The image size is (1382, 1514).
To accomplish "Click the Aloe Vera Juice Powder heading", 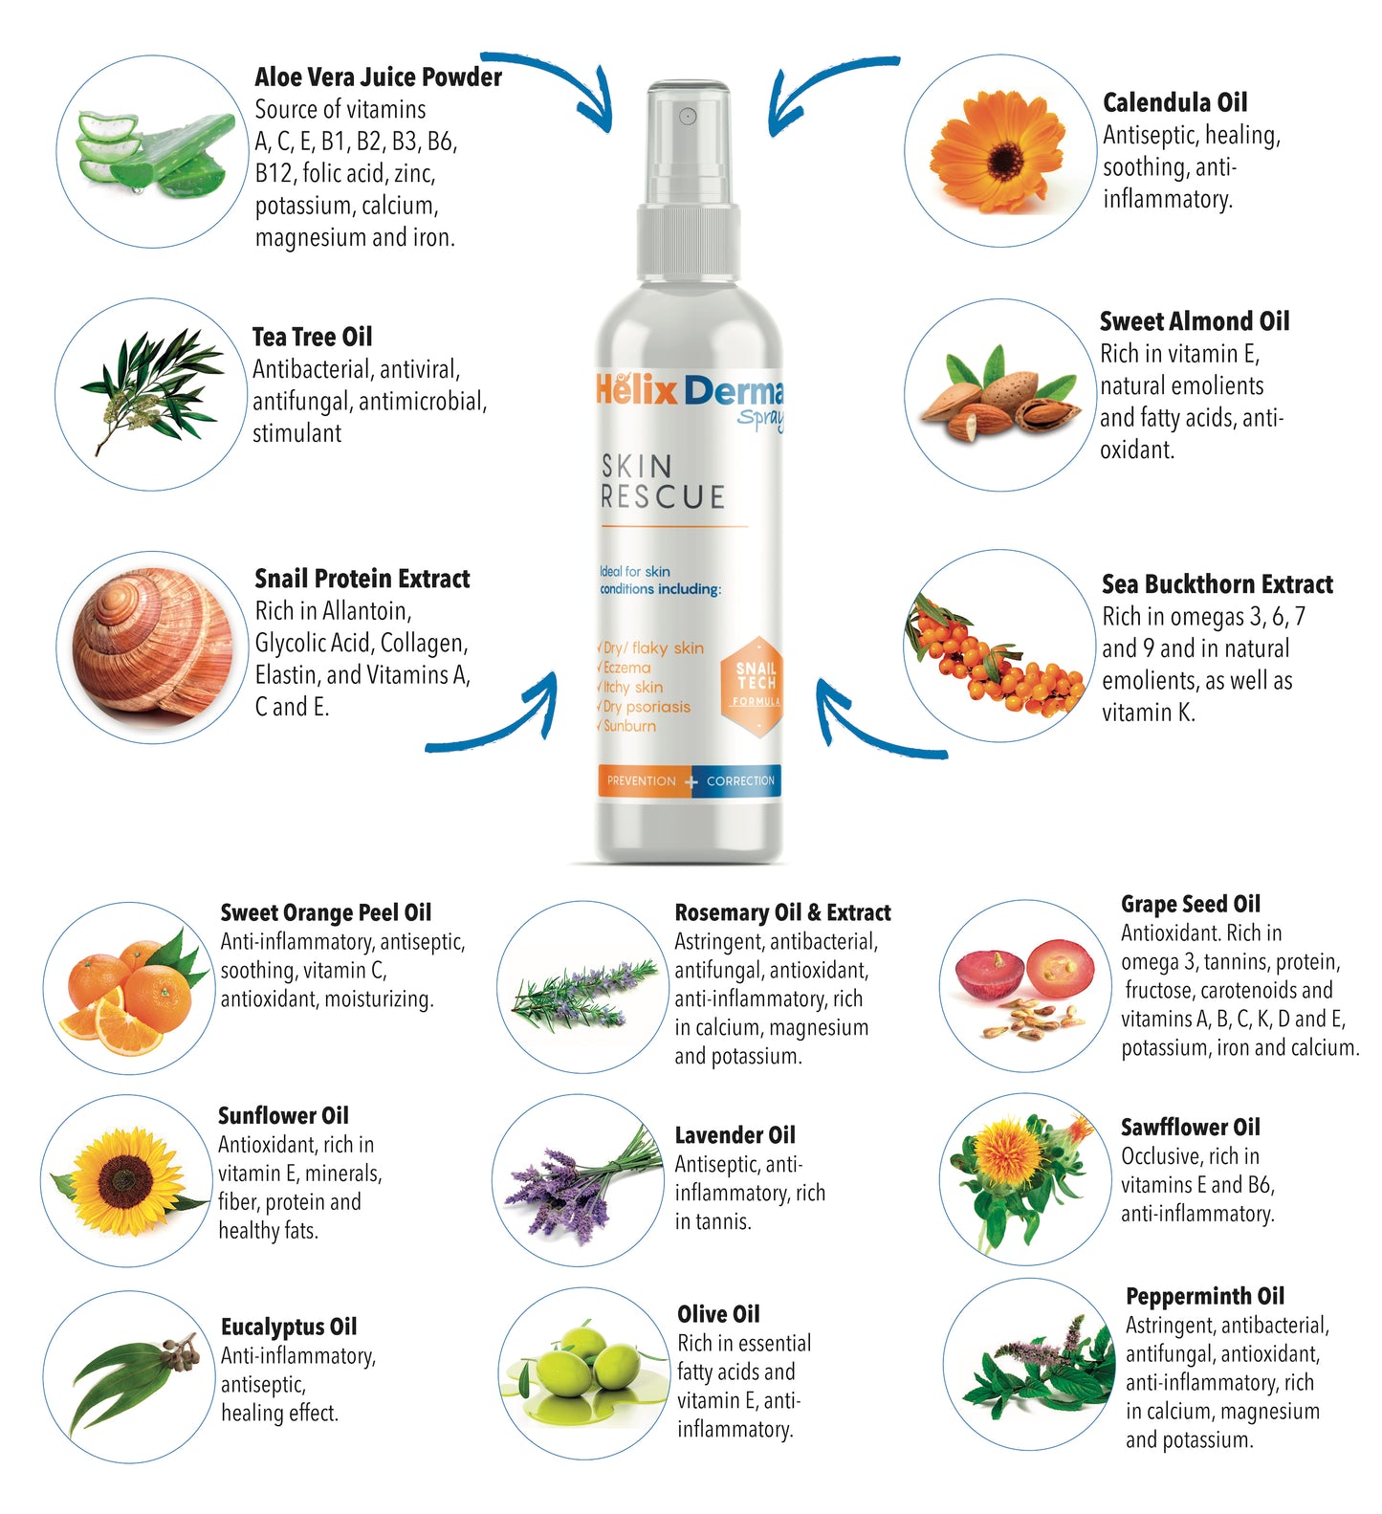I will (x=378, y=77).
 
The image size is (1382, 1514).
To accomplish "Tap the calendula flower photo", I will (x=1000, y=151).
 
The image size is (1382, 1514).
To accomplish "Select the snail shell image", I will (x=153, y=648).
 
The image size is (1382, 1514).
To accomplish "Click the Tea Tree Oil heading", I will (x=312, y=337).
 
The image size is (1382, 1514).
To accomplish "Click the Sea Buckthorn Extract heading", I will (x=1217, y=584).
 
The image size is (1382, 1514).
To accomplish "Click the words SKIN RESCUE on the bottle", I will (x=662, y=482).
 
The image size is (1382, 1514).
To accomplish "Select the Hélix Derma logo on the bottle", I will (x=689, y=391).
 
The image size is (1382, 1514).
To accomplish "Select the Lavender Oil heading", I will (x=735, y=1135).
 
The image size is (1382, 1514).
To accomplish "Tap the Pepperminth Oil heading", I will (x=1204, y=1296).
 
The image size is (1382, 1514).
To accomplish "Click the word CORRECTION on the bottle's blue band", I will (x=740, y=781).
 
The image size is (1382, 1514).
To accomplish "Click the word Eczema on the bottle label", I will (x=626, y=668).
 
